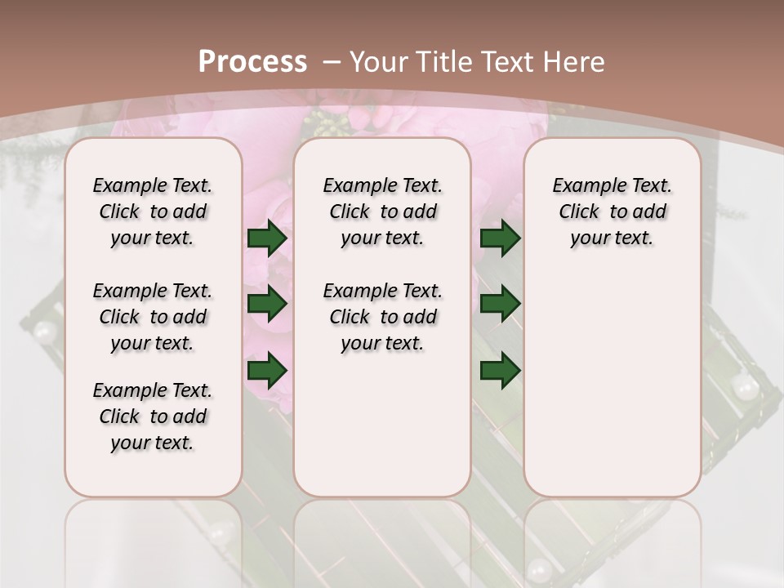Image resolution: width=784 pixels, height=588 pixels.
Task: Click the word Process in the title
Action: pyautogui.click(x=252, y=61)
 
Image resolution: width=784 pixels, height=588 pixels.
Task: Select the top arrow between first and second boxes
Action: pyautogui.click(x=267, y=238)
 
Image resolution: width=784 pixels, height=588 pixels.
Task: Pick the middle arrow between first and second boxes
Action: pyautogui.click(x=267, y=305)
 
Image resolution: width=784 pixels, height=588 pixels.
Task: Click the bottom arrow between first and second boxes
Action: pyautogui.click(x=267, y=371)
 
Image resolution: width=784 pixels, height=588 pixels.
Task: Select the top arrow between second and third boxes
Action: pyautogui.click(x=500, y=238)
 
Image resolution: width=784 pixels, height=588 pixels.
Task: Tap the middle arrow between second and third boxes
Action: pyautogui.click(x=500, y=305)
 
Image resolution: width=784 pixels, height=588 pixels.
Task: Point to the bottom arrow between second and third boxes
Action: pyautogui.click(x=500, y=371)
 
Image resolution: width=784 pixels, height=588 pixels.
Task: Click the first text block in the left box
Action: pyautogui.click(x=153, y=212)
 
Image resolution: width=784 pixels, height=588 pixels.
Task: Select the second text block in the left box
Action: pyautogui.click(x=153, y=317)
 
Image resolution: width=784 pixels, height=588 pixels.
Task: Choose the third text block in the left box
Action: pyautogui.click(x=153, y=416)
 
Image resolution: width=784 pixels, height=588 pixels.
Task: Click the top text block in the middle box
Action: pyautogui.click(x=382, y=212)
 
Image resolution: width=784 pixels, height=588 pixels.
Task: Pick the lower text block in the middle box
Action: pyautogui.click(x=382, y=317)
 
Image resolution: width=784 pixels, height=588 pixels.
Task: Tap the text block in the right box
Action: pyautogui.click(x=612, y=212)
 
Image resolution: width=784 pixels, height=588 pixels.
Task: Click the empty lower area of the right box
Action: pyautogui.click(x=612, y=384)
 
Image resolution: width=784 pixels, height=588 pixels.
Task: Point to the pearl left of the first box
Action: pyautogui.click(x=43, y=331)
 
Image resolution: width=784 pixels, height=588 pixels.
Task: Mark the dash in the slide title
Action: pyautogui.click(x=332, y=61)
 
